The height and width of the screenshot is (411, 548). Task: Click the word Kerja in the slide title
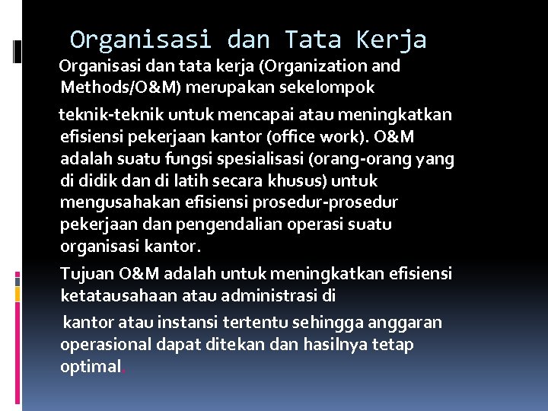point(393,39)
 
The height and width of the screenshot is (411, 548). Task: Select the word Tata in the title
point(311,39)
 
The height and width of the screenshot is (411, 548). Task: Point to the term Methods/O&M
point(120,87)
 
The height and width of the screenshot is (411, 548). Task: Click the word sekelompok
point(330,87)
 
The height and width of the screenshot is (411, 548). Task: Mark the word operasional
point(104,345)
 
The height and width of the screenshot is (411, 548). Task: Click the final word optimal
point(90,367)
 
